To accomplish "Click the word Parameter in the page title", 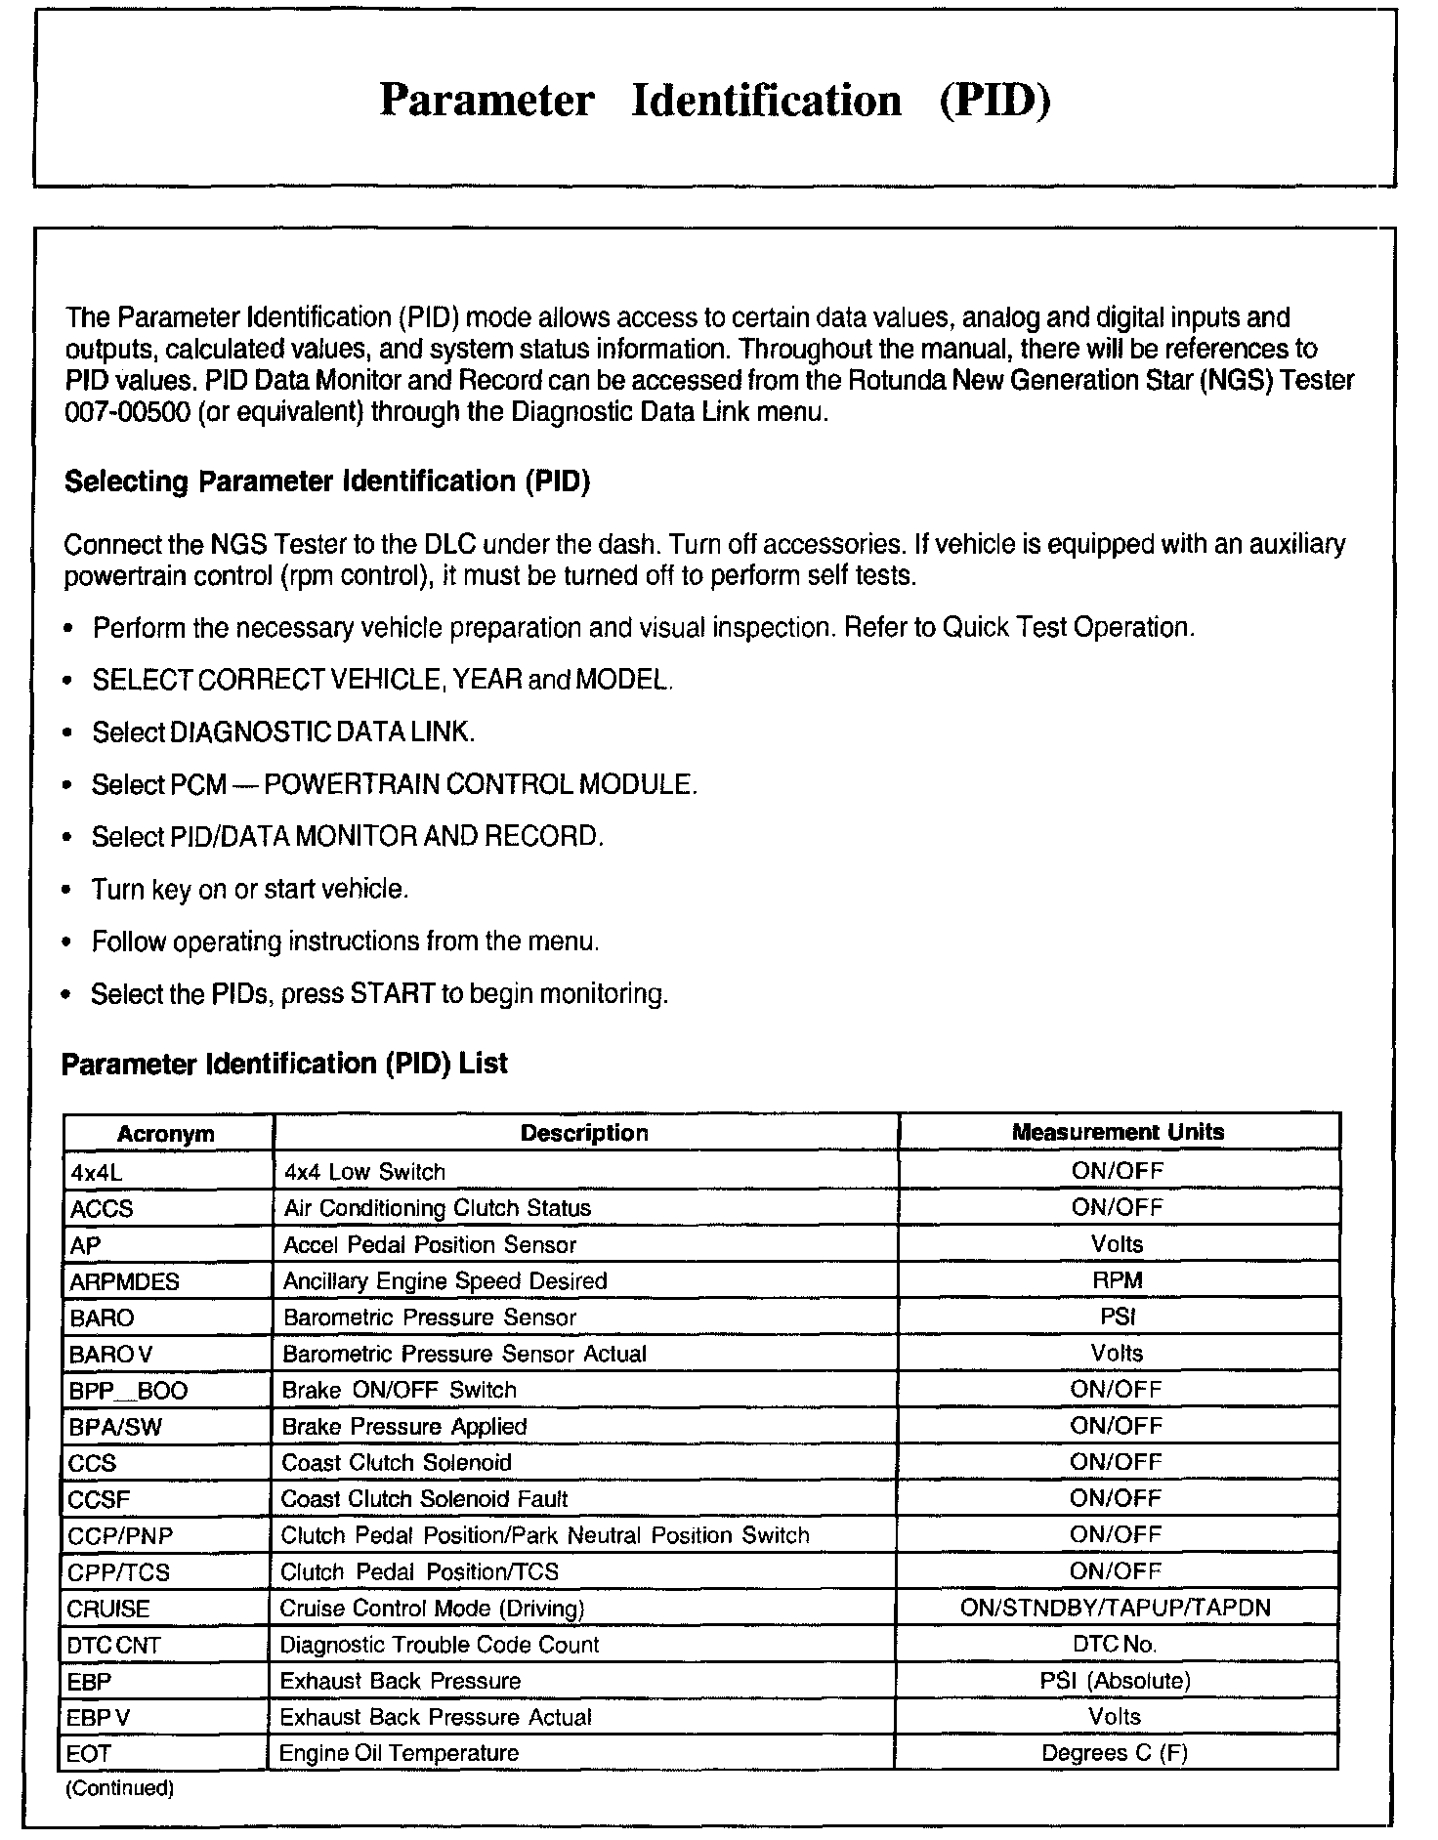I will coord(486,101).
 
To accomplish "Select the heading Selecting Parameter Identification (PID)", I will coord(327,481).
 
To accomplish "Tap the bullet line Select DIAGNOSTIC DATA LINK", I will coord(283,732).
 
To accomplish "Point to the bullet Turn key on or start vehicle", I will coord(250,889).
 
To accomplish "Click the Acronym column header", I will coord(165,1134).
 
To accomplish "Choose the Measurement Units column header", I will coord(1118,1132).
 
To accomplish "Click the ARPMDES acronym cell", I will coord(124,1280).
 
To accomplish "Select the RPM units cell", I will coord(1118,1280).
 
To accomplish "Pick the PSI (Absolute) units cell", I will coord(1116,1680).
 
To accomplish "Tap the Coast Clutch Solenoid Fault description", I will coord(424,1498).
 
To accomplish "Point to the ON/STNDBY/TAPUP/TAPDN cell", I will coord(1116,1608).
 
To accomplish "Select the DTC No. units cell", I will coord(1115,1644).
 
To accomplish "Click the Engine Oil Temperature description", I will coord(399,1752).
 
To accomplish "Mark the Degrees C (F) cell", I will coord(1115,1752).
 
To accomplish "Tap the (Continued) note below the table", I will coord(119,1788).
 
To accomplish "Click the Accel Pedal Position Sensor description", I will coord(430,1244).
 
